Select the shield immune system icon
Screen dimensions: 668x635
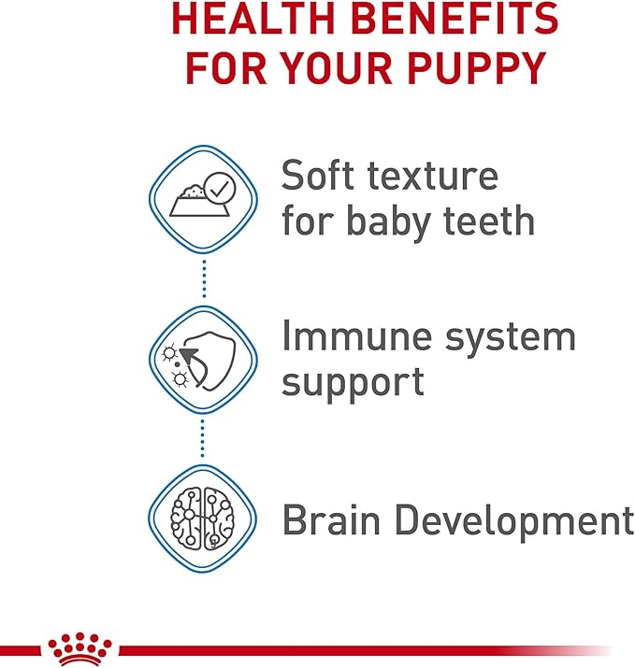tap(204, 358)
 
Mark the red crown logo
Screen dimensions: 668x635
tap(79, 647)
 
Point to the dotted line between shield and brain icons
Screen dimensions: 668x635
tap(204, 438)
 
